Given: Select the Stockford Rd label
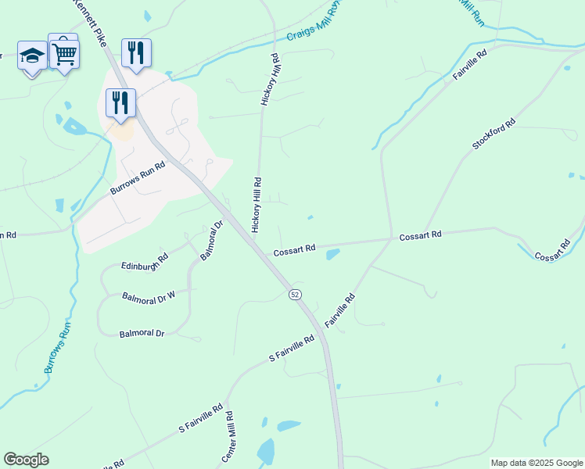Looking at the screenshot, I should [494, 134].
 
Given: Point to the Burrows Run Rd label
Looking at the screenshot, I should [138, 179].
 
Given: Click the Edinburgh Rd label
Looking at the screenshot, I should [145, 261].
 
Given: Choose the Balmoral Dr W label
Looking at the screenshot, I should [149, 297].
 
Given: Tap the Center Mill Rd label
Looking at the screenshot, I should [231, 442].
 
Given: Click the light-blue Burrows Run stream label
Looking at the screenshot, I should [59, 345].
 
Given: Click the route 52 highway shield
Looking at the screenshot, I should [294, 294].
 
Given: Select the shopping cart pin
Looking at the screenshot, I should [64, 53].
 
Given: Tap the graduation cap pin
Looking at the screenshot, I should [32, 56].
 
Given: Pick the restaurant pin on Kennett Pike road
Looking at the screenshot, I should [120, 103].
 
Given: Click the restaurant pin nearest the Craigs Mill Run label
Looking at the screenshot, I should [136, 53].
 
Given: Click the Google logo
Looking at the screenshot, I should [26, 460].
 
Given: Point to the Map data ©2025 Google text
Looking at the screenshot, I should [537, 463].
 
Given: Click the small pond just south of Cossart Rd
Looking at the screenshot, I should [332, 254].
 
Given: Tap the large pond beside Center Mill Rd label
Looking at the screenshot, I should [266, 453].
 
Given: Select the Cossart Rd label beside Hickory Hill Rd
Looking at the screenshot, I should [294, 249].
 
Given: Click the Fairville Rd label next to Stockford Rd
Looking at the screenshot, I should [469, 66].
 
